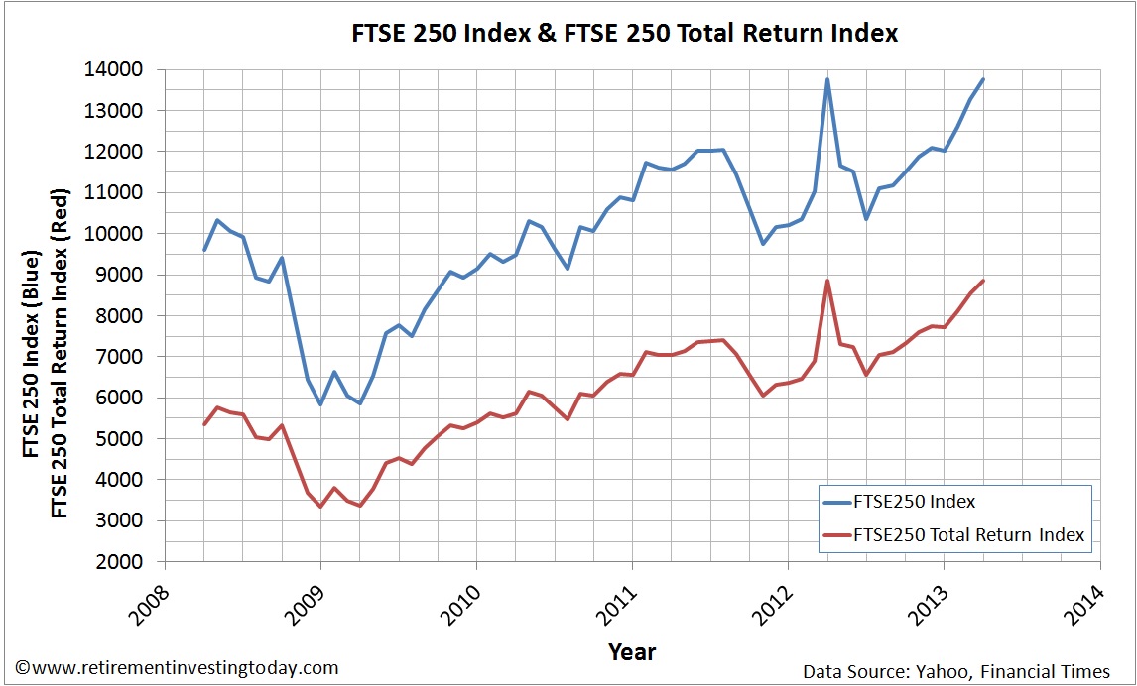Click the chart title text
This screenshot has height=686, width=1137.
pyautogui.click(x=625, y=33)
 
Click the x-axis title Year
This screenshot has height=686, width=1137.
pyautogui.click(x=632, y=651)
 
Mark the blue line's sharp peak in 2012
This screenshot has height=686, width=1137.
pyautogui.click(x=827, y=79)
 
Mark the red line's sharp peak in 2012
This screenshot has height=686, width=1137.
pyautogui.click(x=827, y=281)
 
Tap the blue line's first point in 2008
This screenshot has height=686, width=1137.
pyautogui.click(x=204, y=250)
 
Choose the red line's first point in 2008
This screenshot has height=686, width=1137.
pyautogui.click(x=204, y=424)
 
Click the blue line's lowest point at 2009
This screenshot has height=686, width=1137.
pyautogui.click(x=320, y=403)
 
